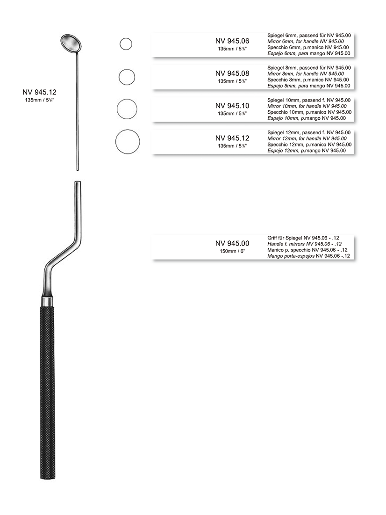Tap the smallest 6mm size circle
point(126,44)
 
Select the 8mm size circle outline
point(127,77)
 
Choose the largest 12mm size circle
point(128,142)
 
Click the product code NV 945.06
point(232,41)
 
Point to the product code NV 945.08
point(232,73)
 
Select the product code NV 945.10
point(232,106)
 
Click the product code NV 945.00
point(232,243)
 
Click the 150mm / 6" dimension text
point(232,251)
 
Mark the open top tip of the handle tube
point(77,184)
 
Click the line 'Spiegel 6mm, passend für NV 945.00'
point(309,36)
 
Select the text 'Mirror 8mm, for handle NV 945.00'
point(306,74)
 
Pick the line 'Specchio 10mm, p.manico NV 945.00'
point(309,112)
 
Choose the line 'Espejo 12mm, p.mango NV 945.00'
point(306,151)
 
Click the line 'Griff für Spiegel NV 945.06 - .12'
point(306,238)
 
